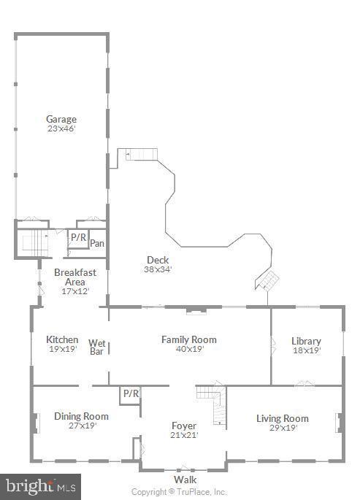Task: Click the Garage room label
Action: coord(61,119)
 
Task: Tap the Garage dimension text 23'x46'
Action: coord(61,128)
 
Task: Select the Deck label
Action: coord(158,260)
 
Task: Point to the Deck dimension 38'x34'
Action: coord(158,269)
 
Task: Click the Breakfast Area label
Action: coord(75,277)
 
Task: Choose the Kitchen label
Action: coord(62,339)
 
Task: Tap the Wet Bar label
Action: coord(97,347)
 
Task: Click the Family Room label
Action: coord(189,339)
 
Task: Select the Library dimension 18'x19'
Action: coord(307,350)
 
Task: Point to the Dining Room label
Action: coord(81,416)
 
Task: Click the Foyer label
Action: coord(184,426)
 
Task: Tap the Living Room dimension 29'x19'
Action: coord(283,428)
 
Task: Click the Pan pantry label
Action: coord(97,243)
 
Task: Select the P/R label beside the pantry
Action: coord(78,237)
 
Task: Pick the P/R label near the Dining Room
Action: coord(131,393)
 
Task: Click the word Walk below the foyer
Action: coord(185,480)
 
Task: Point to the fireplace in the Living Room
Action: coord(340,423)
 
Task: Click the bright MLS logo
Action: coord(40,487)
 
